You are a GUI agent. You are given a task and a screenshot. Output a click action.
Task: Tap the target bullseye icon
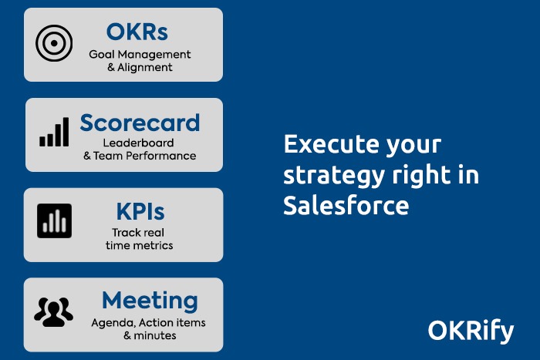pyautogui.click(x=54, y=44)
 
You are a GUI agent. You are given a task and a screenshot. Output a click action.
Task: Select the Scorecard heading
pyautogui.click(x=140, y=123)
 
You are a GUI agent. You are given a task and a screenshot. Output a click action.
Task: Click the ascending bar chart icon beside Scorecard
pyautogui.click(x=54, y=133)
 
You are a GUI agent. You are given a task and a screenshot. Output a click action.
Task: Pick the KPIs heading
pyautogui.click(x=140, y=212)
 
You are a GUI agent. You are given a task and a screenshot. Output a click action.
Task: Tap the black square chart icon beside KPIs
pyautogui.click(x=54, y=221)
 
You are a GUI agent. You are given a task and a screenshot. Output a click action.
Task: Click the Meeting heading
pyautogui.click(x=150, y=301)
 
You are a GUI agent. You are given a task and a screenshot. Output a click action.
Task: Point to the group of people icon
pyautogui.click(x=54, y=311)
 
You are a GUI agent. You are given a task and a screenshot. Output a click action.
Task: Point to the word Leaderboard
pyautogui.click(x=139, y=143)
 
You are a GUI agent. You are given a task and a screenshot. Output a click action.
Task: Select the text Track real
pyautogui.click(x=139, y=232)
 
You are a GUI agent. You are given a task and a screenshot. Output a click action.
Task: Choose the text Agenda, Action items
pyautogui.click(x=148, y=322)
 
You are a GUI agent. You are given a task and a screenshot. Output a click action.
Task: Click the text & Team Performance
pyautogui.click(x=140, y=156)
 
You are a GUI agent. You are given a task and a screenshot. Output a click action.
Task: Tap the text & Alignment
pyautogui.click(x=140, y=67)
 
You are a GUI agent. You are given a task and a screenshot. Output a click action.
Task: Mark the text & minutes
pyautogui.click(x=150, y=335)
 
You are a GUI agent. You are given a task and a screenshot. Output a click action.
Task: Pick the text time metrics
pyautogui.click(x=140, y=245)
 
